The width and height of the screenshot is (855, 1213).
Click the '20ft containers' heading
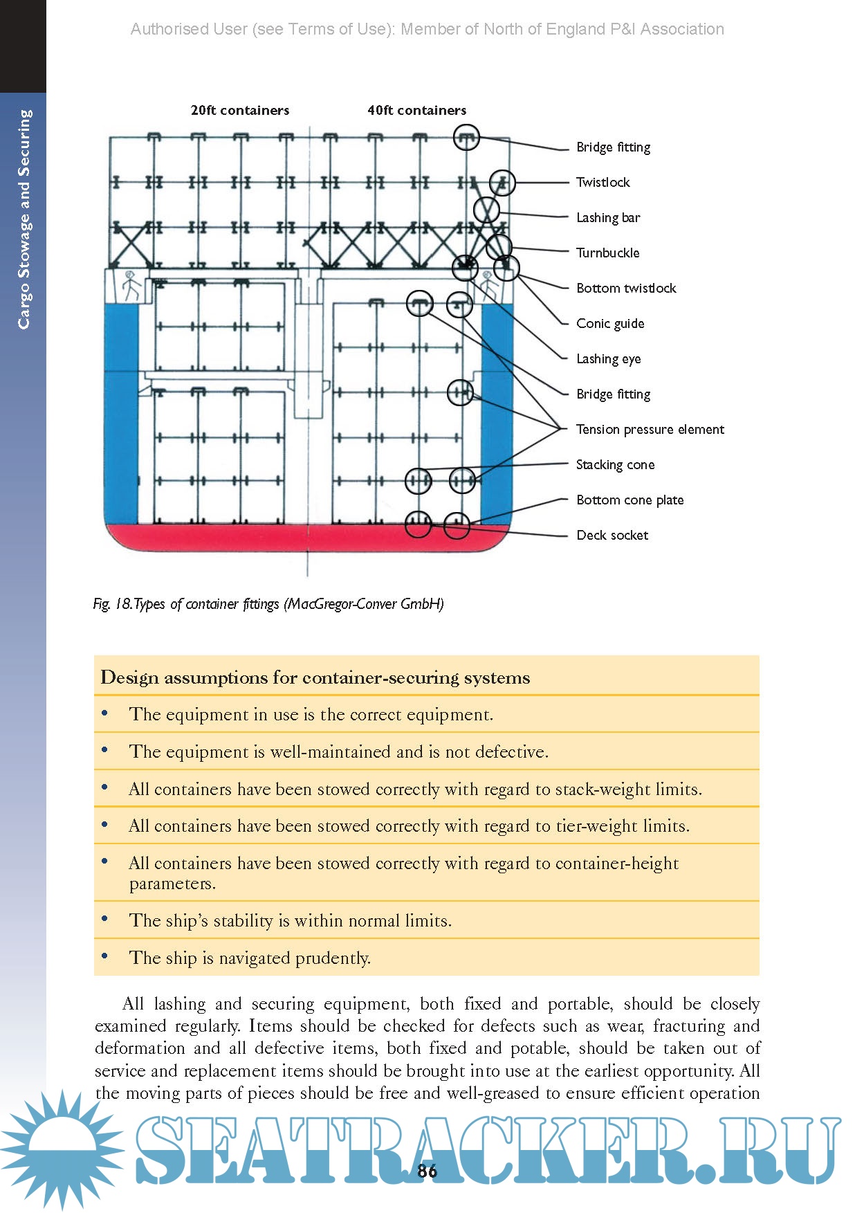pos(239,110)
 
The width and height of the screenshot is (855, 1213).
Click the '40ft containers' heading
pos(416,110)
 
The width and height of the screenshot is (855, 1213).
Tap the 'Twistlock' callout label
pos(603,182)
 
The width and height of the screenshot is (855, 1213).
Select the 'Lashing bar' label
pos(608,217)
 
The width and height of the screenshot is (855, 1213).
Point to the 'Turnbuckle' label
pos(607,253)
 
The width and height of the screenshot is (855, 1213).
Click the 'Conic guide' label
pos(610,323)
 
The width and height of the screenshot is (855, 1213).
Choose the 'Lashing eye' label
pos(608,358)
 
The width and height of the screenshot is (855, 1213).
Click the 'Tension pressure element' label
pos(650,429)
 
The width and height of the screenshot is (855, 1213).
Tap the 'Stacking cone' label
pos(615,464)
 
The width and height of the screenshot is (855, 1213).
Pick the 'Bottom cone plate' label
pos(629,500)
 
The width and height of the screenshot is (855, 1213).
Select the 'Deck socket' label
pos(612,535)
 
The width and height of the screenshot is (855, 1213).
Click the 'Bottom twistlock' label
pos(626,288)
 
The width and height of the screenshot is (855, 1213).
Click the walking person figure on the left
pos(129,285)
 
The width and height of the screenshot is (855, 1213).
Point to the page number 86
pos(427,1171)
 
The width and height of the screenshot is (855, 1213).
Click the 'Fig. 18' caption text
pos(268,603)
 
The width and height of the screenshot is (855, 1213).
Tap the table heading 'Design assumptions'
pos(315,677)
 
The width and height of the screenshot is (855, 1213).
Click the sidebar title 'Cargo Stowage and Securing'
pos(24,219)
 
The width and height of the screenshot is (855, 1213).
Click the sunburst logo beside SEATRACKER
pos(62,1149)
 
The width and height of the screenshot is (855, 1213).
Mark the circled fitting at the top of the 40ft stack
pos(466,137)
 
